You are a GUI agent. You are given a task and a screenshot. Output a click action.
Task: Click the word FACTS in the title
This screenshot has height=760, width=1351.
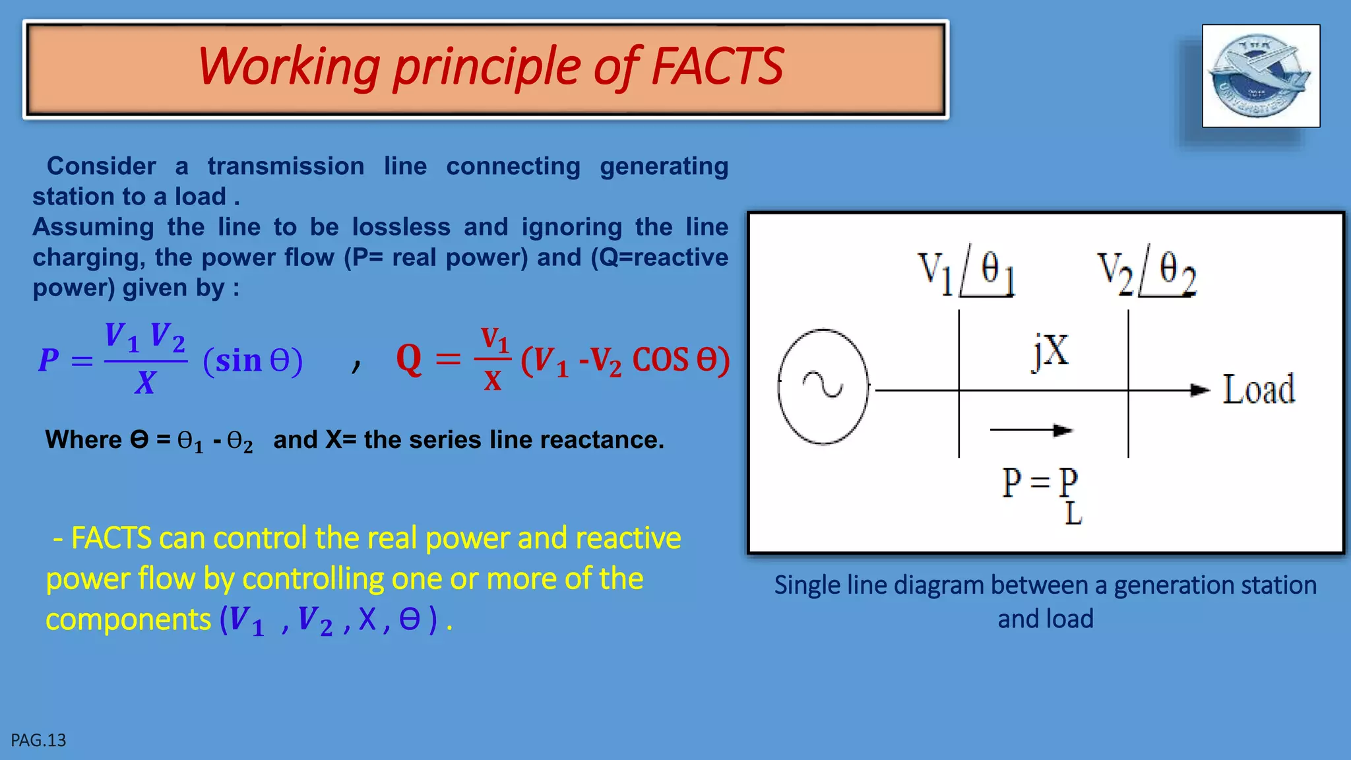(717, 66)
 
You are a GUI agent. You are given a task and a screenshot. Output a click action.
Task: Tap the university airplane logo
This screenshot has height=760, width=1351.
(1260, 76)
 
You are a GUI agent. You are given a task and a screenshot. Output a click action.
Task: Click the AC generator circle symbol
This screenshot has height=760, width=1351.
(823, 387)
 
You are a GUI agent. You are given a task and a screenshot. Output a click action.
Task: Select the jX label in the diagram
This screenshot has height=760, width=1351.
(1051, 351)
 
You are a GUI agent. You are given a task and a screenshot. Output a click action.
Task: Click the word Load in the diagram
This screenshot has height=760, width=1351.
(1259, 389)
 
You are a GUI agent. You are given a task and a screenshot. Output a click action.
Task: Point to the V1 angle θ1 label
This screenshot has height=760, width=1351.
(966, 273)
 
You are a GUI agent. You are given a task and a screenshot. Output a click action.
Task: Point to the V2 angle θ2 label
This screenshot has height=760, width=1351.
(1147, 273)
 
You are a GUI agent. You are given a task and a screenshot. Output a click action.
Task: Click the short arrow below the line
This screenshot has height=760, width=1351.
(1031, 430)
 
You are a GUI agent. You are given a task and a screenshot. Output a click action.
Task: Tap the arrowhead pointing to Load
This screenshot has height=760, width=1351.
(1201, 390)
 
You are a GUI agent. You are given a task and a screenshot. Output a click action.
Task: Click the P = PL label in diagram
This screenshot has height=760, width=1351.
(1041, 491)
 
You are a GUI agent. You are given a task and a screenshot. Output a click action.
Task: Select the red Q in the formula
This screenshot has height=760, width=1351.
(409, 360)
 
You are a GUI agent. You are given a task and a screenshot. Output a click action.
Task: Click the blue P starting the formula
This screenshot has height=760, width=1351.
(49, 360)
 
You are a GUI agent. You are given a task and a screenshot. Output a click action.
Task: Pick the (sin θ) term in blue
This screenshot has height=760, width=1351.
(253, 361)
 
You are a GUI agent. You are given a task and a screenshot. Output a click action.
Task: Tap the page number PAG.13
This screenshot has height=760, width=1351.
(38, 740)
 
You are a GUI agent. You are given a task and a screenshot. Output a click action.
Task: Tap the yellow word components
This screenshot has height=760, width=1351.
(128, 619)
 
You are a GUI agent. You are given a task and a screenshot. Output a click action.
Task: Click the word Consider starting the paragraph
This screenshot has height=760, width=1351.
(102, 166)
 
